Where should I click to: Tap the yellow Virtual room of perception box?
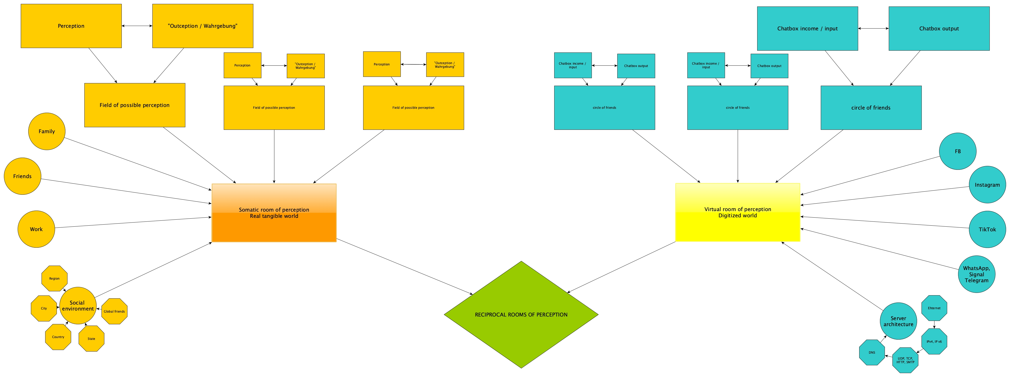[737, 212]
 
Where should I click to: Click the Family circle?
[47, 131]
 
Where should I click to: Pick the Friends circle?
[22, 176]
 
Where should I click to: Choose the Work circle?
[36, 229]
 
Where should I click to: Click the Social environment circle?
[78, 306]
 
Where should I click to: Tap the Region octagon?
[55, 279]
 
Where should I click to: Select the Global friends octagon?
[114, 312]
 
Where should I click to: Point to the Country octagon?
[58, 337]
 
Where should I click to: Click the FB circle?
[958, 151]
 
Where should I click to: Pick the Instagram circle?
[987, 185]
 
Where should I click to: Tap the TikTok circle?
[987, 230]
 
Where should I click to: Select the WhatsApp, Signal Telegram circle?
[976, 274]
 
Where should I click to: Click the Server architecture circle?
[898, 321]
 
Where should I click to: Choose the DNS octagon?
[872, 352]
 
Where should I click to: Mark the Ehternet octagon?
[934, 308]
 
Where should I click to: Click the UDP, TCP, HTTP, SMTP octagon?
[905, 360]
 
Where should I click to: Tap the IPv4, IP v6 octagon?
[934, 342]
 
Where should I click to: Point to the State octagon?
[91, 339]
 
